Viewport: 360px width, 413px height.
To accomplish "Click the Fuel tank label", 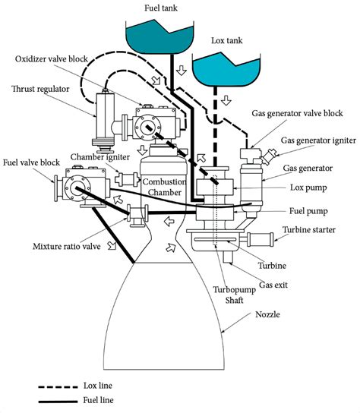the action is pyautogui.click(x=161, y=8).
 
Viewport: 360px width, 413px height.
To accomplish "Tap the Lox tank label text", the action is pyautogui.click(x=226, y=40).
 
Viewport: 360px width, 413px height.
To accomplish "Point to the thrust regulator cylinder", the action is pyautogui.click(x=105, y=120).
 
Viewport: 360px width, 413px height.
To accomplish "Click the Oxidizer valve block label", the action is pyautogui.click(x=52, y=58).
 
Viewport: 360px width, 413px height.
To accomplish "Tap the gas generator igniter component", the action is pyautogui.click(x=268, y=156).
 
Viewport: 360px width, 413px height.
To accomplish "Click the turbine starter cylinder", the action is pyautogui.click(x=260, y=239).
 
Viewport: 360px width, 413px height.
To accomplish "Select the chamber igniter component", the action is pyautogui.click(x=127, y=179).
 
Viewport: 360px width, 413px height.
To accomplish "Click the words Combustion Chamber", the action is pyautogui.click(x=165, y=187).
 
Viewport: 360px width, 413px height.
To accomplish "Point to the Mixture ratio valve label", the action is pyautogui.click(x=67, y=247).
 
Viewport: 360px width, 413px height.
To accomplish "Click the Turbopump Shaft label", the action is pyautogui.click(x=234, y=295).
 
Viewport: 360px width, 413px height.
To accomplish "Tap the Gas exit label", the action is pyautogui.click(x=273, y=285).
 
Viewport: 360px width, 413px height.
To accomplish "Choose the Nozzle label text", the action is pyautogui.click(x=267, y=314).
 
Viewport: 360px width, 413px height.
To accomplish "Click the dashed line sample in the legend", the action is pyautogui.click(x=58, y=387).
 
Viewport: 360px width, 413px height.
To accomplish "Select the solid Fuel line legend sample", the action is pyautogui.click(x=58, y=402).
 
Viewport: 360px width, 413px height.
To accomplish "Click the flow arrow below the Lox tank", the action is pyautogui.click(x=226, y=100).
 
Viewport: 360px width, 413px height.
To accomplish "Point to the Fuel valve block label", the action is pyautogui.click(x=31, y=162).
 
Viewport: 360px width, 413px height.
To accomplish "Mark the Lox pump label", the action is pyautogui.click(x=308, y=188).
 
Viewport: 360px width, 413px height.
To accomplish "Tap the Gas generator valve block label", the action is pyautogui.click(x=297, y=113).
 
